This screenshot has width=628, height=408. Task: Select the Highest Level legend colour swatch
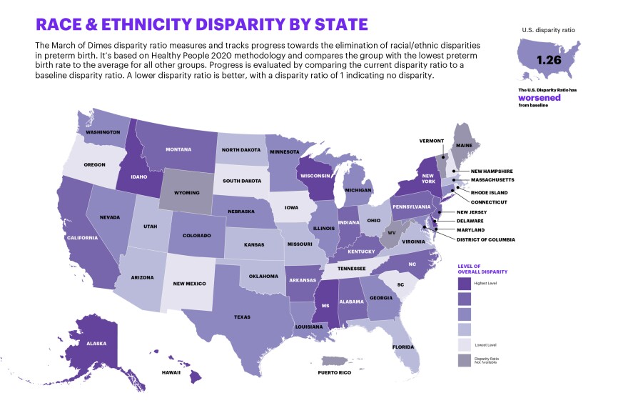click(466, 284)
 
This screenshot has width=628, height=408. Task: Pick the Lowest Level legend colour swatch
click(466, 344)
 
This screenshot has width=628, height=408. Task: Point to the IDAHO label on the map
click(139, 175)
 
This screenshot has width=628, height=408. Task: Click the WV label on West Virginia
click(390, 233)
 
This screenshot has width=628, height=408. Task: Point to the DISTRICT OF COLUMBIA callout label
click(485, 239)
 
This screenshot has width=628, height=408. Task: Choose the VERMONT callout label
click(431, 141)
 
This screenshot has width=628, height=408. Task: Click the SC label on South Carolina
click(400, 284)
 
